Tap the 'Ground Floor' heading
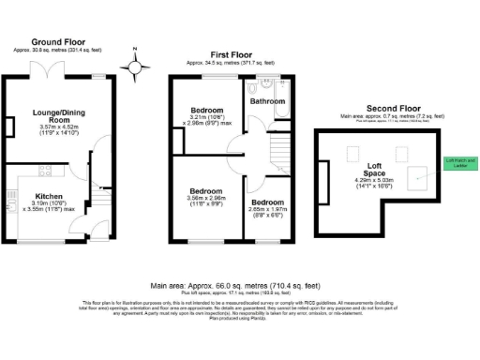tap(60, 42)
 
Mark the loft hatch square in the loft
tap(422, 172)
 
